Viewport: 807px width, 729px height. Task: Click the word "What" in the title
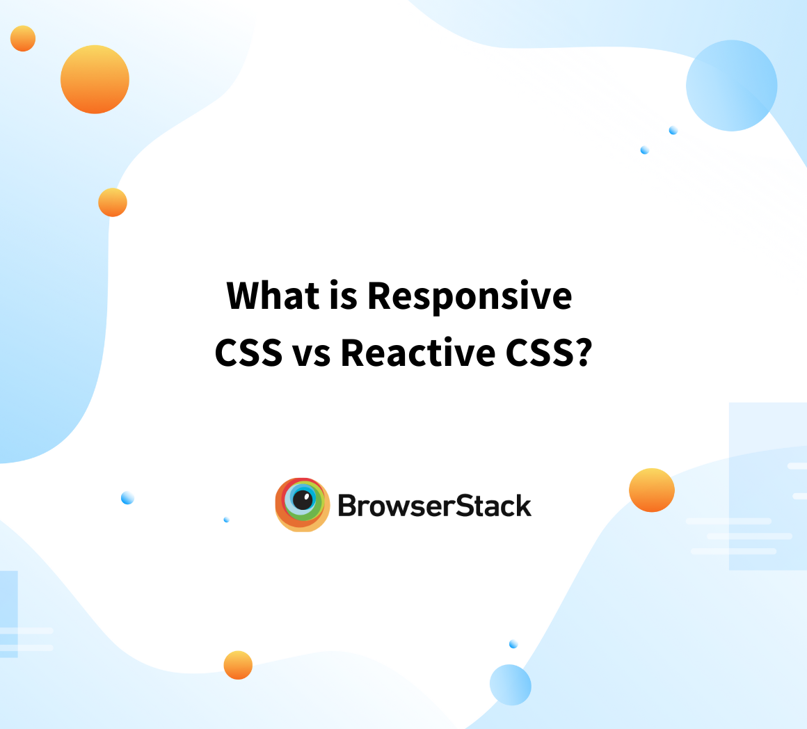point(273,296)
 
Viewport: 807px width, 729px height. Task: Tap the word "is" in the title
point(343,296)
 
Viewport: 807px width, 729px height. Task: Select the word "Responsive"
point(470,298)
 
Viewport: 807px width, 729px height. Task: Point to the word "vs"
point(311,355)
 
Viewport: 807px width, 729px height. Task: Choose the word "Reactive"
point(418,353)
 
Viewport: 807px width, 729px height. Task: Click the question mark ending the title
point(584,353)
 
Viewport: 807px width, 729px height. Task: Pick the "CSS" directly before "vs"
point(248,353)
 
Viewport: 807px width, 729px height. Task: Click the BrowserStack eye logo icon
point(302,505)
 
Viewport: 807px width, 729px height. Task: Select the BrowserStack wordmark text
point(434,506)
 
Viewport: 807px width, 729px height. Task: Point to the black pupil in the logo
point(303,499)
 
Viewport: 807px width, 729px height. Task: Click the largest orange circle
point(95,79)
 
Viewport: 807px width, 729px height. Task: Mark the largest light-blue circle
point(731,86)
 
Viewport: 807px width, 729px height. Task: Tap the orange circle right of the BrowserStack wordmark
point(652,490)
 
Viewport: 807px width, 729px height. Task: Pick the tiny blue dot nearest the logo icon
point(226,520)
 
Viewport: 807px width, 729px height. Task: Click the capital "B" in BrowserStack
point(347,506)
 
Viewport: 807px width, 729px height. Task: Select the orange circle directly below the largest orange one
point(113,202)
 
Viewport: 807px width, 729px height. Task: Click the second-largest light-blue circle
point(510,684)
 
